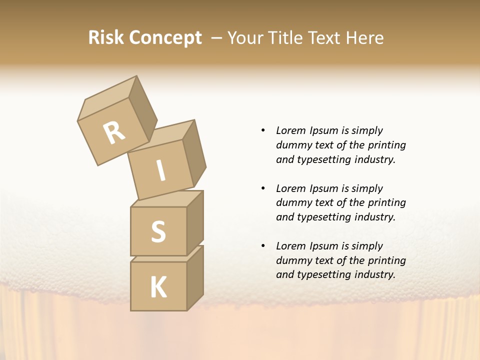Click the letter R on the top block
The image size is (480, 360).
114,133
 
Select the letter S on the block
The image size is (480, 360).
158,232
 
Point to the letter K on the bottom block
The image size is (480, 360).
158,287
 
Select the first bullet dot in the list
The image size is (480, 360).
263,130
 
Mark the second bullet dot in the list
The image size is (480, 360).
263,188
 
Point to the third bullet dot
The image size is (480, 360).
263,246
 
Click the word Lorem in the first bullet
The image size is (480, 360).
290,130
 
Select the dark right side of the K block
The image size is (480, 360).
195,277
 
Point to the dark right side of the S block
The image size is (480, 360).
195,222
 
